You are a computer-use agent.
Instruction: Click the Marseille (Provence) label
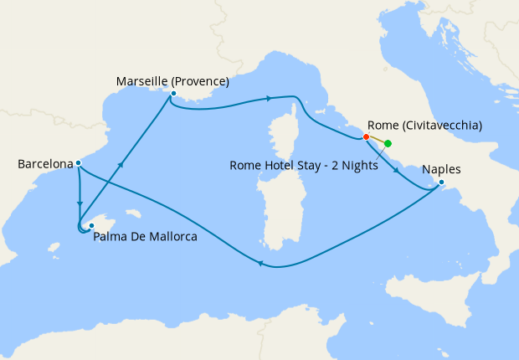point(172,82)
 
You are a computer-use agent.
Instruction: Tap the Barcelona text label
point(46,164)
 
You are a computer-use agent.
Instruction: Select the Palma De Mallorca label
point(146,237)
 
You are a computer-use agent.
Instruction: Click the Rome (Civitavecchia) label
point(424,126)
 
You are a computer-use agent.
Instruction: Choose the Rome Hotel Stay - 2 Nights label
point(304,165)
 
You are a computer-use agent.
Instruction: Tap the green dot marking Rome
point(388,143)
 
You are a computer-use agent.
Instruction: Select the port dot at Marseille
point(172,95)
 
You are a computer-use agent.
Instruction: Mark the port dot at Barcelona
point(78,163)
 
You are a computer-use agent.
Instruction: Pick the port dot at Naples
point(441,183)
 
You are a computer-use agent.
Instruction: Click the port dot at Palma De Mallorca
point(90,226)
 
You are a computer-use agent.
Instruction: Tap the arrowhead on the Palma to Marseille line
point(123,165)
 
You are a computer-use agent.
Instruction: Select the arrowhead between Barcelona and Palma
point(80,203)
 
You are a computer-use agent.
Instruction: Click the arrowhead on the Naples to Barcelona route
point(260,265)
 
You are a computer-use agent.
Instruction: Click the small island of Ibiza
point(54,248)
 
